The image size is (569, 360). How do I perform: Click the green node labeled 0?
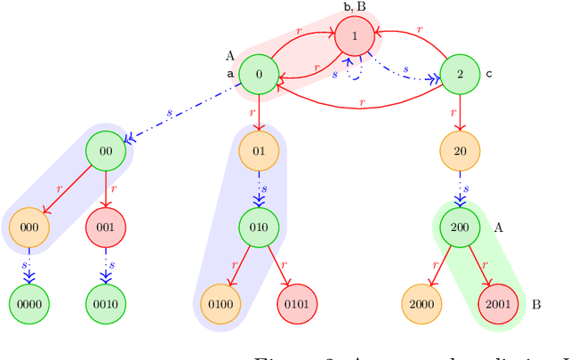tap(259, 75)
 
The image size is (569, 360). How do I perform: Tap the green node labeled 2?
tap(460, 75)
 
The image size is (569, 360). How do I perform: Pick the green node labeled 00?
tap(106, 150)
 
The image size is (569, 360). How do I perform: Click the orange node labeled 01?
tap(259, 150)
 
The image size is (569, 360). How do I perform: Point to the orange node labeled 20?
tap(460, 150)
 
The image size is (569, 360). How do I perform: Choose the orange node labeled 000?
tap(29, 227)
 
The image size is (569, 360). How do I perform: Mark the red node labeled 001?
tap(106, 227)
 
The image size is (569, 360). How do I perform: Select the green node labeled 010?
tap(259, 227)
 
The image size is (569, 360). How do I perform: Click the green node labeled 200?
tap(460, 227)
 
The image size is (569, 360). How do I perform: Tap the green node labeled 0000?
tap(29, 303)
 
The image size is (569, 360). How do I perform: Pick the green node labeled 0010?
tap(106, 303)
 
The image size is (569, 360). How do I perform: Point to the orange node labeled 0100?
tap(220, 303)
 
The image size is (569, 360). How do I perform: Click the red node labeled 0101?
tap(297, 303)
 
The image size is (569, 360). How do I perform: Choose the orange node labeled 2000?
tap(421, 303)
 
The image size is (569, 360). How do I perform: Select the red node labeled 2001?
tap(498, 303)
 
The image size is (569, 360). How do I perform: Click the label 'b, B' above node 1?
tap(354, 6)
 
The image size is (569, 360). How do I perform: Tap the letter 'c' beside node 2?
tap(488, 75)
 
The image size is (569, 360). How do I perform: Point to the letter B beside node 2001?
tap(535, 304)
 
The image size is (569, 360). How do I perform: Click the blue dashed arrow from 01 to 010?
tap(259, 188)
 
